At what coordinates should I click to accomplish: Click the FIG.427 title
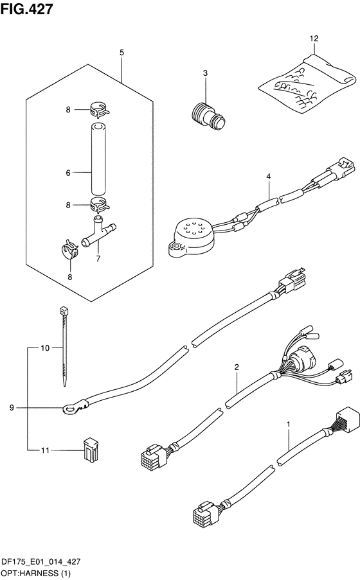pyautogui.click(x=26, y=9)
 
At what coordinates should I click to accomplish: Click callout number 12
pyautogui.click(x=314, y=39)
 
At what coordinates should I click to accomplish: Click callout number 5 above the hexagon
pyautogui.click(x=122, y=53)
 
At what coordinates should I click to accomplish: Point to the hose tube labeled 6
pyautogui.click(x=98, y=159)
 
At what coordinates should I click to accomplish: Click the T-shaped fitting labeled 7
pyautogui.click(x=98, y=233)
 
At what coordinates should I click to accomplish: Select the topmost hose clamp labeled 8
pyautogui.click(x=98, y=109)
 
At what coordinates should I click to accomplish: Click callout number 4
pyautogui.click(x=268, y=177)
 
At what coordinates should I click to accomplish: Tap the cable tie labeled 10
pyautogui.click(x=64, y=346)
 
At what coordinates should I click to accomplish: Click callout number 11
pyautogui.click(x=45, y=450)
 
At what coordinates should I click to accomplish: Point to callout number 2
pyautogui.click(x=237, y=367)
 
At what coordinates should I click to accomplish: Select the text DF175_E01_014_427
pyautogui.click(x=41, y=562)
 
